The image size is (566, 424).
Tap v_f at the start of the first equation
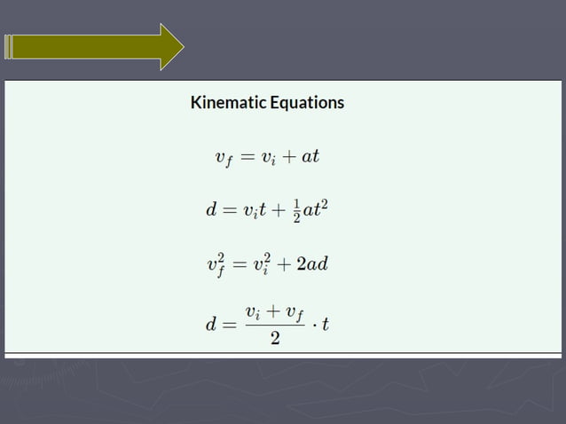[225, 159]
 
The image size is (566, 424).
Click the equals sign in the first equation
[248, 158]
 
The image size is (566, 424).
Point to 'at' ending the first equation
[311, 157]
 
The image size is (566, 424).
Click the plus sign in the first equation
[287, 158]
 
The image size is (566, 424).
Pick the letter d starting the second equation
[211, 211]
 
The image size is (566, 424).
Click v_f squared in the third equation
[216, 264]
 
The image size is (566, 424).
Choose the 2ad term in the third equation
[315, 264]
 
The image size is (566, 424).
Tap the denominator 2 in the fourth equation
[275, 341]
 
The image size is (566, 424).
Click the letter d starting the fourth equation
[211, 324]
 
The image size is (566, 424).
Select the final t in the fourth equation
[326, 324]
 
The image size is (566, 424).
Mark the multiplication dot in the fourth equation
[312, 324]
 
